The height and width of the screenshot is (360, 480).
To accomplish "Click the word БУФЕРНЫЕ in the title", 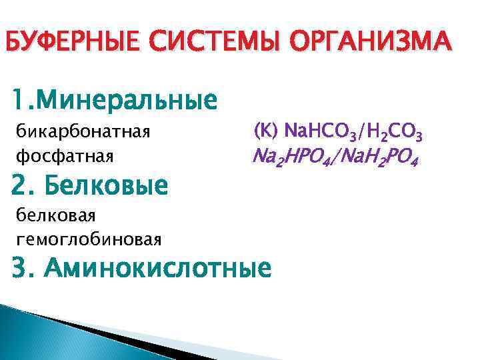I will click(75, 43).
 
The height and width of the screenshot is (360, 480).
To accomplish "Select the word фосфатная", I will click(65, 156).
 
